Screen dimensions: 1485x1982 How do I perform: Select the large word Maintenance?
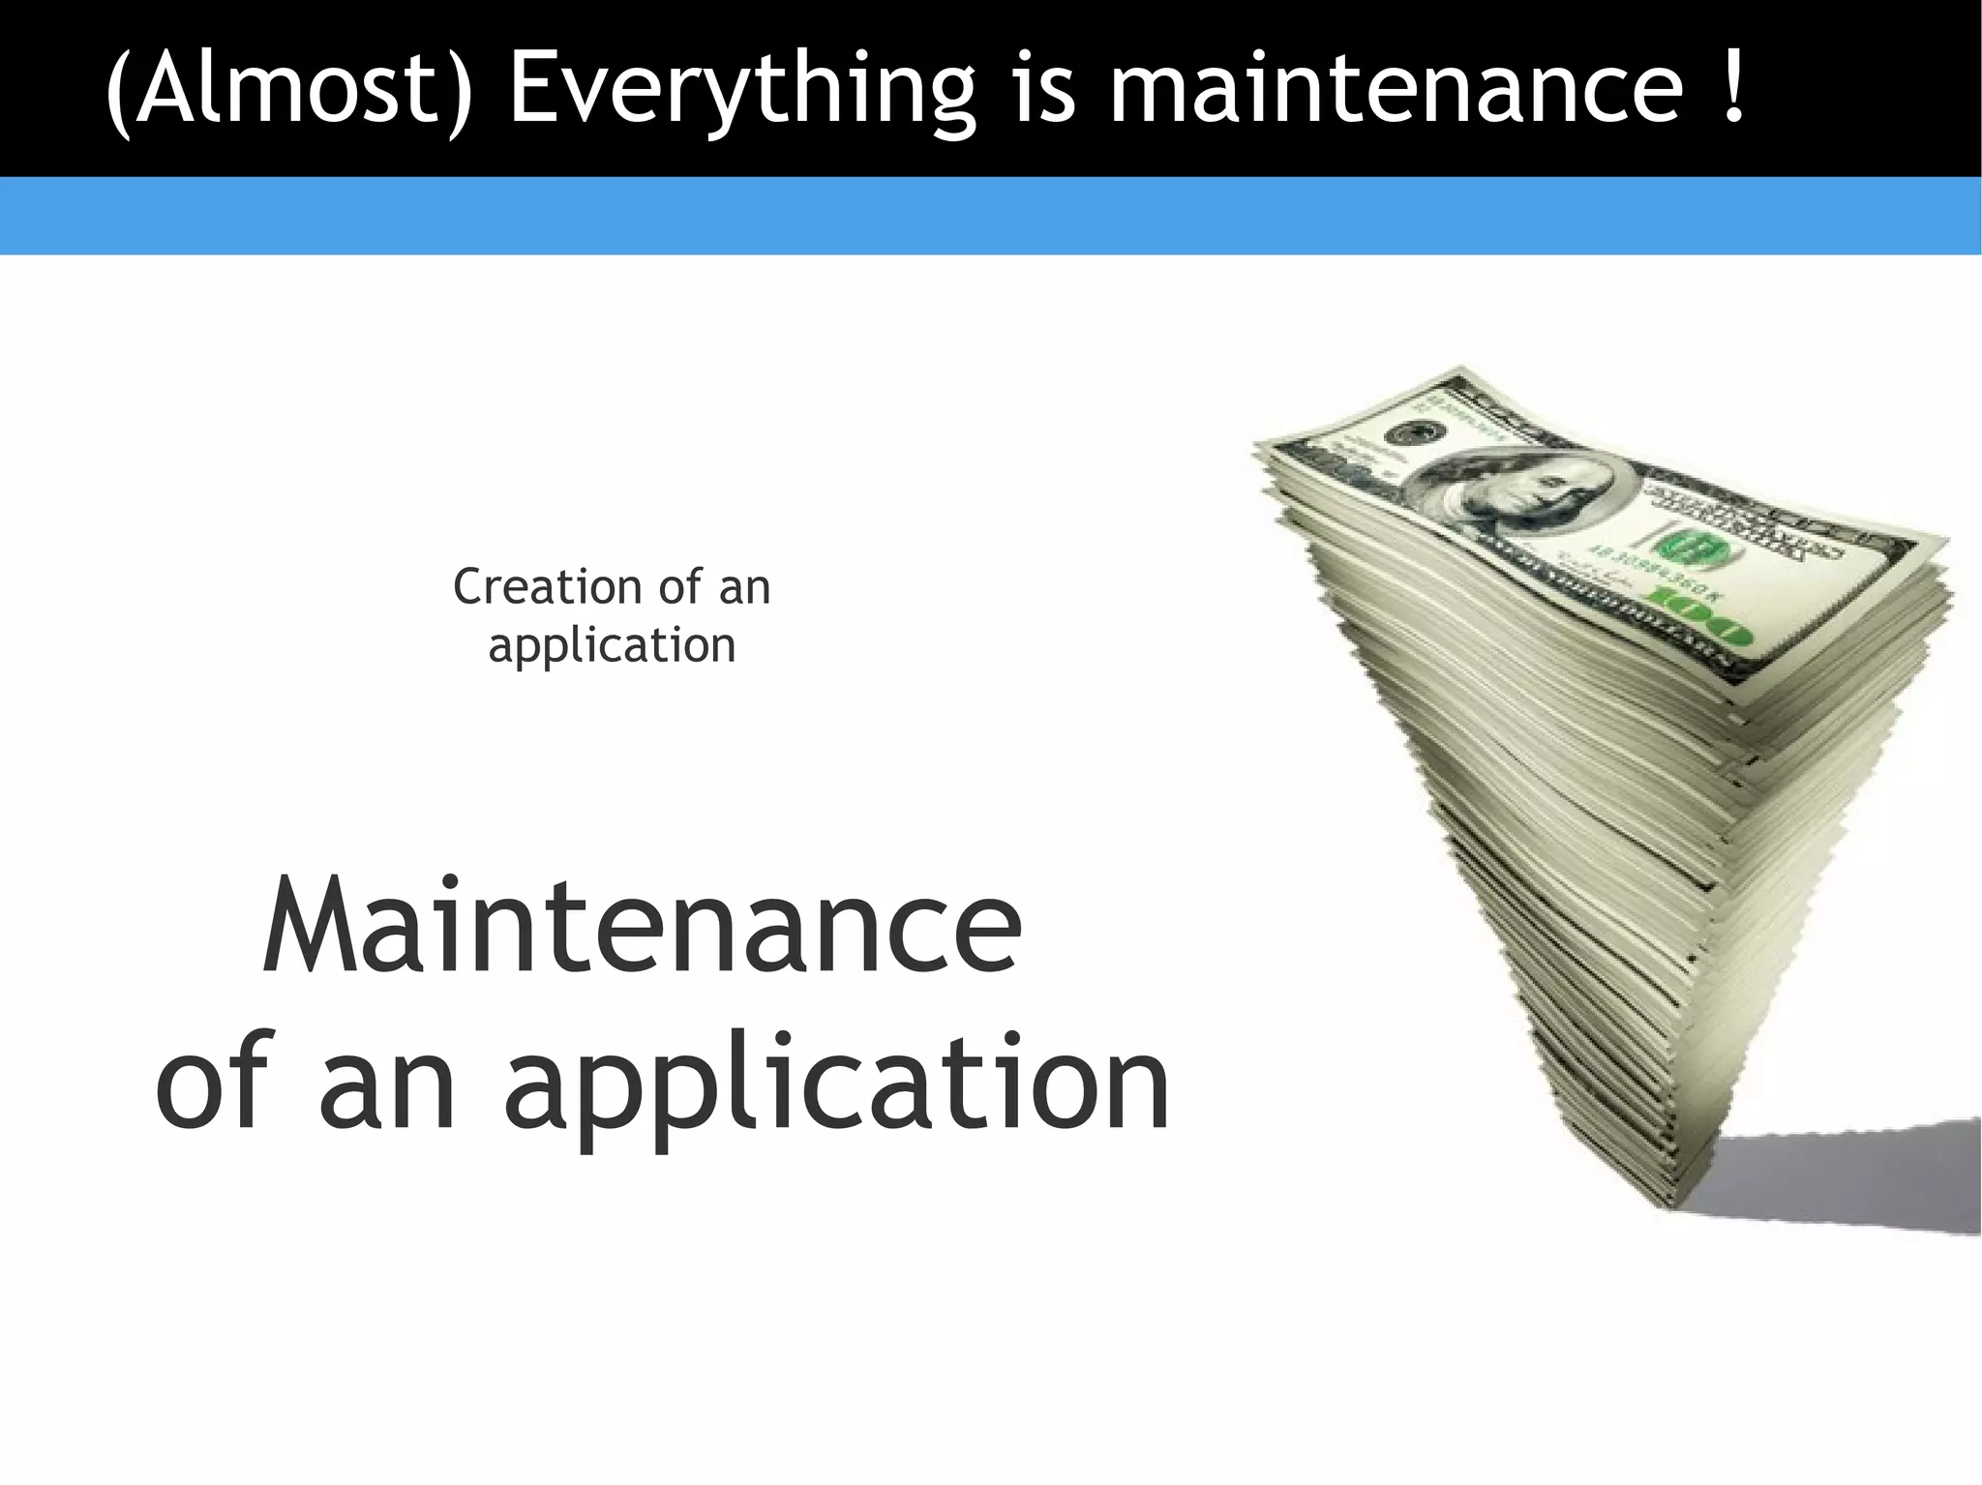click(641, 927)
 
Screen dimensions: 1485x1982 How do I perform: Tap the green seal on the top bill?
click(1700, 549)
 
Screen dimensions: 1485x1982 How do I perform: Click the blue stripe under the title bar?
click(991, 216)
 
